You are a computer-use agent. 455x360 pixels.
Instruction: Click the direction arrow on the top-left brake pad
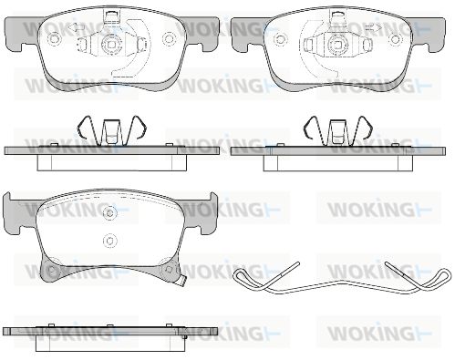click(76, 27)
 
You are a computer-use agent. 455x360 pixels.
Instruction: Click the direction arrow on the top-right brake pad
click(372, 28)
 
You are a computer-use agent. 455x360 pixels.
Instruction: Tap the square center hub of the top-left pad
click(111, 45)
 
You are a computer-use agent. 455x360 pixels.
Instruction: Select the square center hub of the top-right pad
click(336, 45)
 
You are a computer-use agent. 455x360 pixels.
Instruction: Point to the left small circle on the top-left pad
click(55, 38)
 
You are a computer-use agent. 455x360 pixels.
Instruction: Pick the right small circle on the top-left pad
click(169, 38)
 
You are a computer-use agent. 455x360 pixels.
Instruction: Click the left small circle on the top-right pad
click(280, 39)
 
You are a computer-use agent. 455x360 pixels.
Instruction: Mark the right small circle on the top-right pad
click(395, 39)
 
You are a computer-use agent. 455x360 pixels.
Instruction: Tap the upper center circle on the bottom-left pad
click(109, 212)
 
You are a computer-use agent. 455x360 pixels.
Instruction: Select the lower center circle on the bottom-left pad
click(109, 240)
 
